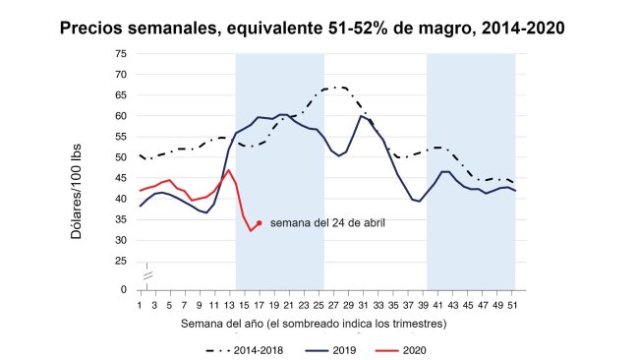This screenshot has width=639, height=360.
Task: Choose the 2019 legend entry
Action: coord(330,349)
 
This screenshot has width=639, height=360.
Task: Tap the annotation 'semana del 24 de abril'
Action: coord(326,223)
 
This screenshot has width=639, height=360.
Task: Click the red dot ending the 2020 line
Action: coord(259,223)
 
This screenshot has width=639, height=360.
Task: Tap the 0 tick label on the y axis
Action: coord(123,290)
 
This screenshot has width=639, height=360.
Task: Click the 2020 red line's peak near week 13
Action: coord(229,170)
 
